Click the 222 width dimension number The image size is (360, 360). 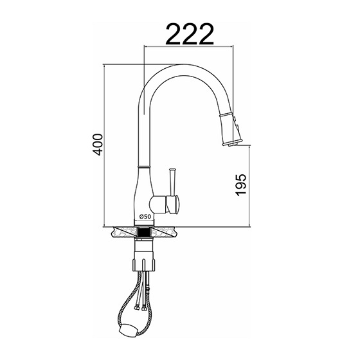click(190, 34)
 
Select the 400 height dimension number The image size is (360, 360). click(97, 145)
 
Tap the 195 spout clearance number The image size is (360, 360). click(241, 185)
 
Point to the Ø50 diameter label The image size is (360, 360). click(145, 216)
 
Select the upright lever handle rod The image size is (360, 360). click(172, 182)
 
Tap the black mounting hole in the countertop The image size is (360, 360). click(145, 232)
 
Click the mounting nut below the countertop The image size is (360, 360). click(144, 264)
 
